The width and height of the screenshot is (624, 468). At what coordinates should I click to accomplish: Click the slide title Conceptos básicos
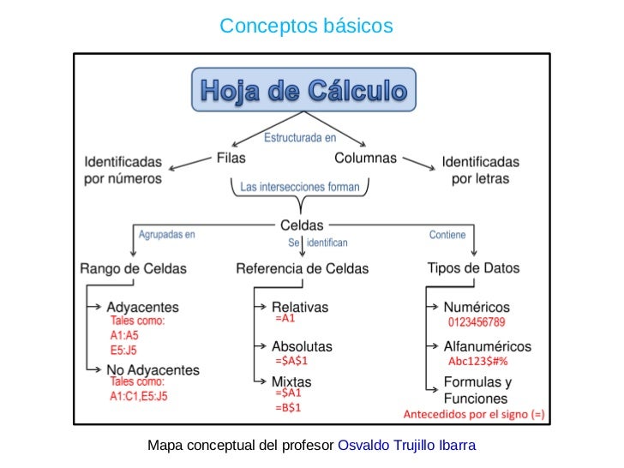306,27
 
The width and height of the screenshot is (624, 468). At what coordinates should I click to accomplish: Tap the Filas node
231,158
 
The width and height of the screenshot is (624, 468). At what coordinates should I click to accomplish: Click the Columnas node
365,158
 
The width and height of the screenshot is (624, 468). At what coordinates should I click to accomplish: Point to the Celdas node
302,225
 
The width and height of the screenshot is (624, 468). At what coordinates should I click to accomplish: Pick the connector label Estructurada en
299,137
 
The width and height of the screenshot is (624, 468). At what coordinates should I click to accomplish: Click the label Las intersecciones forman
299,186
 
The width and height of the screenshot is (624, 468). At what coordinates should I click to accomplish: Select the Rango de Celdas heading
133,268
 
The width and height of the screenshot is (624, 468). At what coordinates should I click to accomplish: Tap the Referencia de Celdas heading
302,268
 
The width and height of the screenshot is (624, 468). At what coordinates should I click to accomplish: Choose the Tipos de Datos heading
473,267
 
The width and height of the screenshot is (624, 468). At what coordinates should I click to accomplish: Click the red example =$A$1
291,361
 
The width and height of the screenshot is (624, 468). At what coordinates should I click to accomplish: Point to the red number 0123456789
477,322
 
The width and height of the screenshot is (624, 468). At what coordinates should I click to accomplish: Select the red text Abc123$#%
477,361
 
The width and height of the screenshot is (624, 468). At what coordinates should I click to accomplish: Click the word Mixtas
291,380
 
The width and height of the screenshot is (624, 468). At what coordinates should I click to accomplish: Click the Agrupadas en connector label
167,234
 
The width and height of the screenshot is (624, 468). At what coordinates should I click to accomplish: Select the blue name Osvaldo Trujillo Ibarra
407,446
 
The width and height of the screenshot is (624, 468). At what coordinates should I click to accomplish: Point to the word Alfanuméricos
487,346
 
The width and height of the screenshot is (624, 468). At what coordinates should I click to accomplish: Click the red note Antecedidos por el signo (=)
473,415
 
